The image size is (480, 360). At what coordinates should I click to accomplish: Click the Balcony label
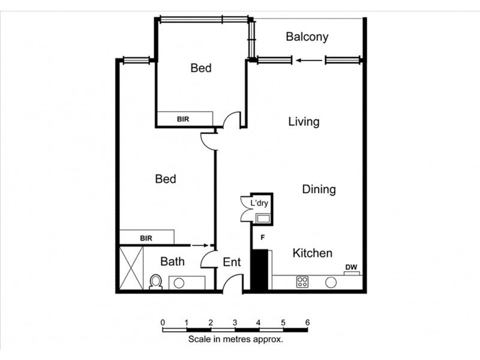[307, 37]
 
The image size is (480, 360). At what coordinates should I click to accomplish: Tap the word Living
[304, 122]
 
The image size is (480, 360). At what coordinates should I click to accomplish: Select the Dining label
[319, 190]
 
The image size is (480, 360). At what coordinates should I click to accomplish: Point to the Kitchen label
[312, 253]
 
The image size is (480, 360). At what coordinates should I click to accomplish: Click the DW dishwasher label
[352, 268]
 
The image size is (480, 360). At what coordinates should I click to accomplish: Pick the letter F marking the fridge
[262, 238]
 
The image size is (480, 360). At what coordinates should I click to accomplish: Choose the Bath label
[172, 262]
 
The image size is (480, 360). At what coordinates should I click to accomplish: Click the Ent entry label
[232, 262]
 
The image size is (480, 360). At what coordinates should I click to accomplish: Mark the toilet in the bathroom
[155, 281]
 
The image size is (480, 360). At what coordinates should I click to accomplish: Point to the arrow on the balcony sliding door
[307, 59]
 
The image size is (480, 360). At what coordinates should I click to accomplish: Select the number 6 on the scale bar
[307, 322]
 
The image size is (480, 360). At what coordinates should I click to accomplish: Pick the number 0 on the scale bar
[163, 322]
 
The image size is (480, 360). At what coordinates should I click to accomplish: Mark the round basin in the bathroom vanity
[178, 283]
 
